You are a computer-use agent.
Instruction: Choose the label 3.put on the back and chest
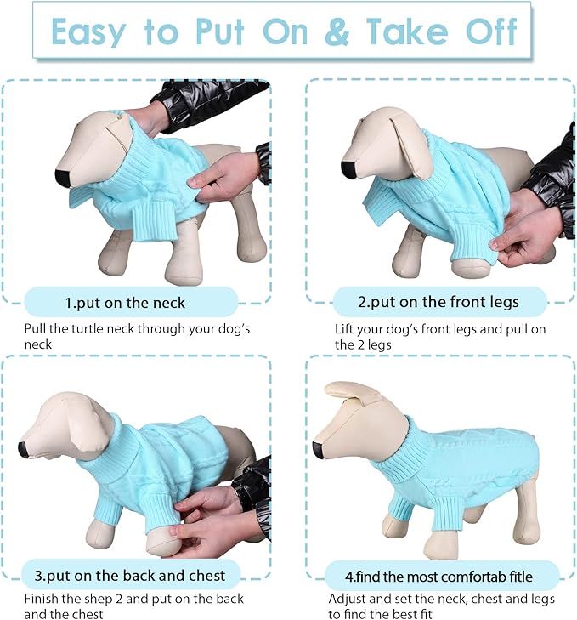click(x=131, y=576)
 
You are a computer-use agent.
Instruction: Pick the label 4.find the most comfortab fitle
click(x=442, y=576)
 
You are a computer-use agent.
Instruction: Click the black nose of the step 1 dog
click(x=63, y=178)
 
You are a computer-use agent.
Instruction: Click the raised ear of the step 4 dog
click(x=353, y=392)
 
